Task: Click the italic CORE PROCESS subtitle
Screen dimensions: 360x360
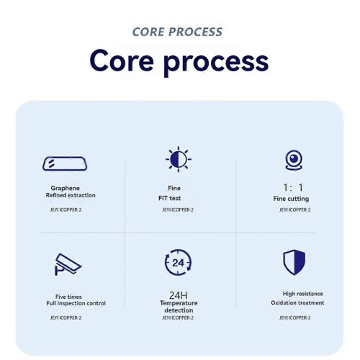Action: [x=177, y=32]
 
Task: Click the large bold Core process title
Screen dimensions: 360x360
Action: [x=179, y=62]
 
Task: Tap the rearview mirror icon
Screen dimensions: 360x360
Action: [x=65, y=163]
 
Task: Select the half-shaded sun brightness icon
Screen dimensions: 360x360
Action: [x=179, y=159]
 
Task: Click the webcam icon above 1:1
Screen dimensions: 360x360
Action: [x=294, y=160]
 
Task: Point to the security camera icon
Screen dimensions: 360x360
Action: [x=68, y=264]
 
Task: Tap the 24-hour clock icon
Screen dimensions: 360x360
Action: [x=178, y=262]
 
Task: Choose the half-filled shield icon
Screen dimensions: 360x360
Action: [x=294, y=262]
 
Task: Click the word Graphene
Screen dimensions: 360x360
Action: [x=66, y=188]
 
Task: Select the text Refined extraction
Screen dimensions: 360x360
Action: [x=71, y=195]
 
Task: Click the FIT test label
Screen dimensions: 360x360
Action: [x=169, y=198]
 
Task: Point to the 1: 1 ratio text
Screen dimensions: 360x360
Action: [x=293, y=187]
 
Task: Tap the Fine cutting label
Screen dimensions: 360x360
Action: [x=291, y=199]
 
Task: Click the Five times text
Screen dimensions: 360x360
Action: [x=68, y=297]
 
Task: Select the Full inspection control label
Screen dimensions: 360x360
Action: [x=76, y=303]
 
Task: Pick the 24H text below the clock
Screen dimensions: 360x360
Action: [x=179, y=295]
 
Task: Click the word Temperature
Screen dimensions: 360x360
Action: [x=179, y=303]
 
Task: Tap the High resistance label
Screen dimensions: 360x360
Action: [x=302, y=294]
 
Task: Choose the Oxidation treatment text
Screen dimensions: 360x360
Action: [x=297, y=303]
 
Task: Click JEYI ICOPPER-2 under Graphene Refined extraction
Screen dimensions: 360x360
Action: [x=66, y=210]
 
